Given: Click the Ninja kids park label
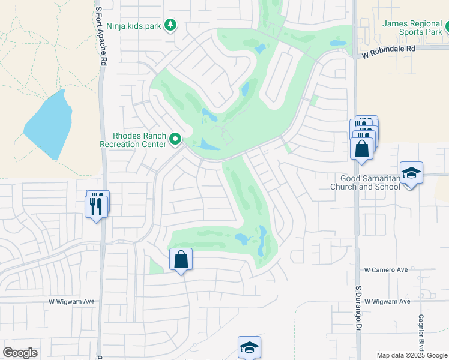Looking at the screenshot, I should pos(134,26).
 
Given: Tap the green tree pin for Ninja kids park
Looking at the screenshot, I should pos(172,25).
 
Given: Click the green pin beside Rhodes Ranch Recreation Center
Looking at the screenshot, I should pos(175,139).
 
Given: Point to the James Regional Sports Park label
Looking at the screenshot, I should pos(412,28).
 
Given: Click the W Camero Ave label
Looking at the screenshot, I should pos(386,270).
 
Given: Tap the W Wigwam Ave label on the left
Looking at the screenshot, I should pos(72,301).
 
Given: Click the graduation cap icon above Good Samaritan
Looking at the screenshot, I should pos(411,173).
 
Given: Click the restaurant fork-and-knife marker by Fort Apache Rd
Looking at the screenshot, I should pos(96,206).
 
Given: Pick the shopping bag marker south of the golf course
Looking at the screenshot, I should pos(181,260).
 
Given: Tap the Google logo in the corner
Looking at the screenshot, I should pos(20,353).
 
